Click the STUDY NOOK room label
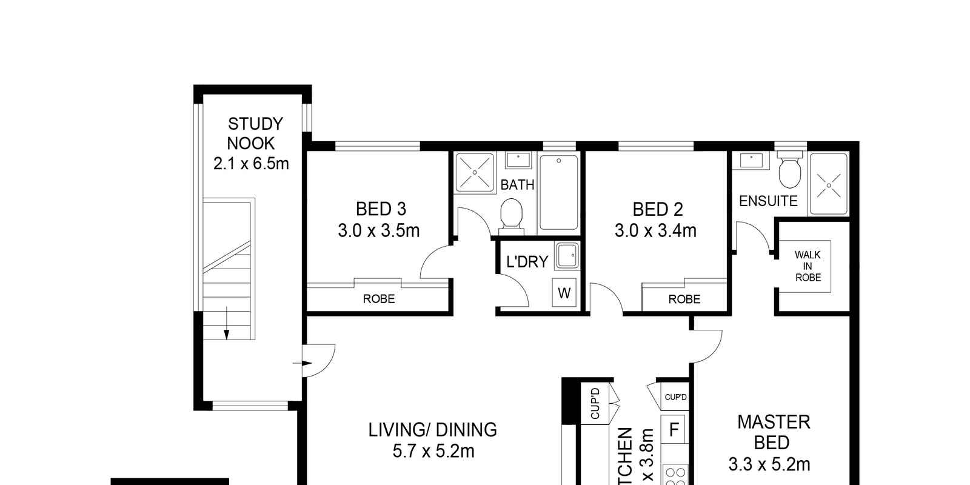[x=255, y=133]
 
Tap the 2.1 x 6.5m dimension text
[x=251, y=163]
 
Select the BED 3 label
[x=381, y=209]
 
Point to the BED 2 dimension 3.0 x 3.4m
[x=655, y=230]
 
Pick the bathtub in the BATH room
[x=558, y=192]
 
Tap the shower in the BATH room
[x=475, y=172]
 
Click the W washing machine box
[x=564, y=293]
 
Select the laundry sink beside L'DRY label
[x=567, y=256]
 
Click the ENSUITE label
[x=768, y=201]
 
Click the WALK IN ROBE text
[x=808, y=266]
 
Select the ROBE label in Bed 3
[x=379, y=299]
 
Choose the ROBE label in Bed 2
[x=684, y=299]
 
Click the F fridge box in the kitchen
[x=674, y=430]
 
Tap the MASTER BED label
[x=774, y=432]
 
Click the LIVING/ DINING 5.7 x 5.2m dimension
[x=433, y=451]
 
